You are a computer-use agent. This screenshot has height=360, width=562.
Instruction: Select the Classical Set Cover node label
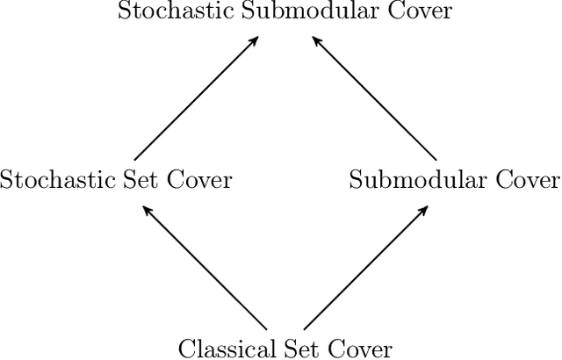[x=285, y=348]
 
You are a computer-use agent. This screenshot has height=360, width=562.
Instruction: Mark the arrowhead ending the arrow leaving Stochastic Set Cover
[x=255, y=40]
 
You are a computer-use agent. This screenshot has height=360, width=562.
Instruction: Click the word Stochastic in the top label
[x=165, y=11]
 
